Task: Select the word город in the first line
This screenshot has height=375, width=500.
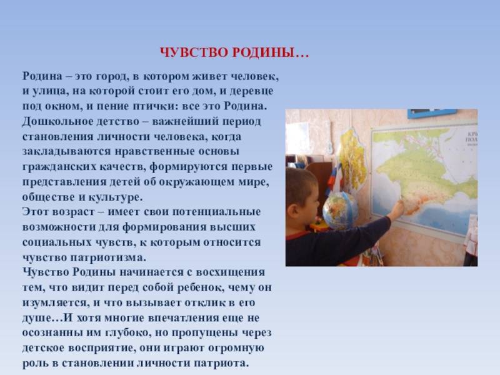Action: (112, 77)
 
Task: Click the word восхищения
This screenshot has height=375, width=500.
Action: (230, 272)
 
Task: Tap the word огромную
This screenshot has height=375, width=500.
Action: (236, 347)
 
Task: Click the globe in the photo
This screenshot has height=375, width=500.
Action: (339, 211)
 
